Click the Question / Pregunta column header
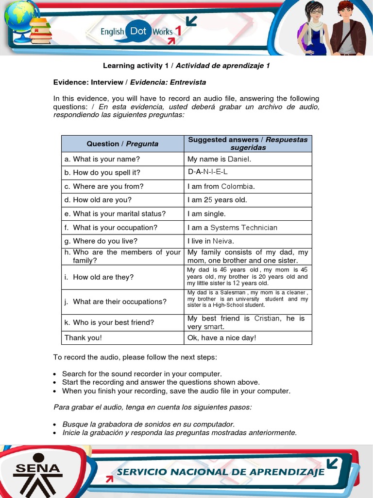click(x=122, y=143)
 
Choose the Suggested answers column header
click(x=248, y=143)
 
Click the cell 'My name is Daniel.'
click(x=220, y=159)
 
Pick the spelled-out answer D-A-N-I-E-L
click(x=207, y=172)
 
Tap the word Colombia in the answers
click(x=237, y=186)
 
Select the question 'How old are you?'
click(x=102, y=200)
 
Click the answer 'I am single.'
click(x=206, y=213)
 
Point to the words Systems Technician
click(x=244, y=227)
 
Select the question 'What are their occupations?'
click(x=119, y=302)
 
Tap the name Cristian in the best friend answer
click(x=267, y=318)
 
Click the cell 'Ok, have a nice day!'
click(x=221, y=338)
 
